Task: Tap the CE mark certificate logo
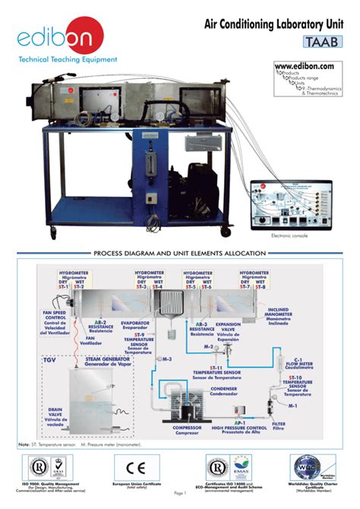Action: [137, 465]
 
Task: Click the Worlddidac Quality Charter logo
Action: [312, 465]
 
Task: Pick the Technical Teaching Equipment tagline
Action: [68, 58]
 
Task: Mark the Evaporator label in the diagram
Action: [134, 325]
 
